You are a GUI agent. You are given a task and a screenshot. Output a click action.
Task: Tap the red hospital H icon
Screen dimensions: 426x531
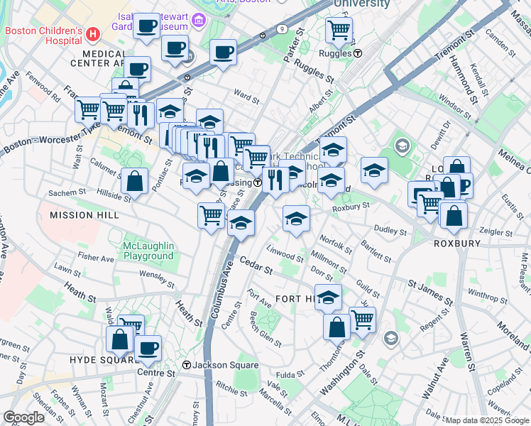[x=92, y=34]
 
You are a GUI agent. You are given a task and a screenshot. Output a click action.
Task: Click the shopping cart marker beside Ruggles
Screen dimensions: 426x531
[x=339, y=30]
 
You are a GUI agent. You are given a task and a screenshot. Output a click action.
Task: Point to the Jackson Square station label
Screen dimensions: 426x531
[x=221, y=365]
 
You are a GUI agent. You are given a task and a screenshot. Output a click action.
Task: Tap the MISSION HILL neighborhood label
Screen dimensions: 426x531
[x=81, y=214]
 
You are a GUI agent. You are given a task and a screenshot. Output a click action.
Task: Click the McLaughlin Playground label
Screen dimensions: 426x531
[x=148, y=251]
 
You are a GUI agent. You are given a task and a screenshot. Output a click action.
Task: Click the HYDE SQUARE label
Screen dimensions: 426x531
[x=102, y=359]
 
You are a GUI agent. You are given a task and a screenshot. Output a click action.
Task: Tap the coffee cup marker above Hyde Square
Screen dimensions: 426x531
[x=148, y=348]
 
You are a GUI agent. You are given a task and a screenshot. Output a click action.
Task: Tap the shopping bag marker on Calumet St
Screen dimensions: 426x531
[x=134, y=181]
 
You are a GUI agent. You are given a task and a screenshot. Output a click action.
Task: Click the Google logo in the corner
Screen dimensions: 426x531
[x=23, y=417]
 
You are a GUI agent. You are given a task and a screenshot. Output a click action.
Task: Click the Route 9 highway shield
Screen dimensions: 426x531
[x=283, y=29]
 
